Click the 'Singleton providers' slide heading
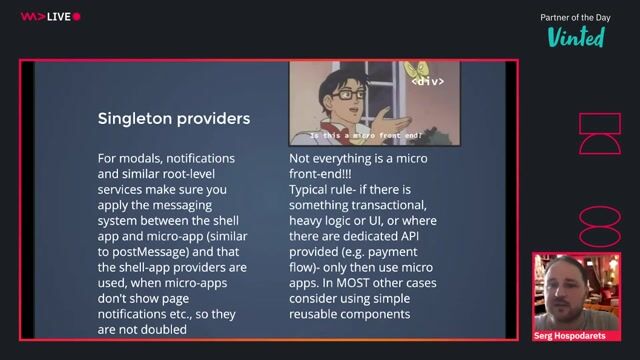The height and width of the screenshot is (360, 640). tap(173, 119)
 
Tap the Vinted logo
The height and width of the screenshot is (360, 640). tap(575, 37)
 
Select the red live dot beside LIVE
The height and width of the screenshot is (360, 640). tap(77, 16)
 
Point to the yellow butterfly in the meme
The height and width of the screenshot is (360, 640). tap(432, 69)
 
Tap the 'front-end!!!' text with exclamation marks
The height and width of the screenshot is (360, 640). tap(323, 173)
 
